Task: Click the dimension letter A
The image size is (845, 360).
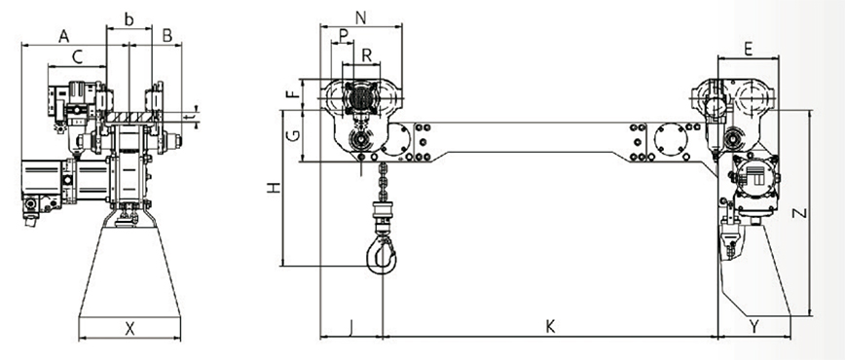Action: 64,37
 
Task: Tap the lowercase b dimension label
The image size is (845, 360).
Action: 129,19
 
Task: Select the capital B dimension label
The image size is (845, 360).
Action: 167,36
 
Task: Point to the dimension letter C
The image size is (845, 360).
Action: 78,57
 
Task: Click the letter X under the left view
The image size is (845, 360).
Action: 129,328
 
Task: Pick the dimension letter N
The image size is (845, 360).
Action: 361,18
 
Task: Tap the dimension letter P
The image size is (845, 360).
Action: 344,36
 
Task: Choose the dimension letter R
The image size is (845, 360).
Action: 366,55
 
